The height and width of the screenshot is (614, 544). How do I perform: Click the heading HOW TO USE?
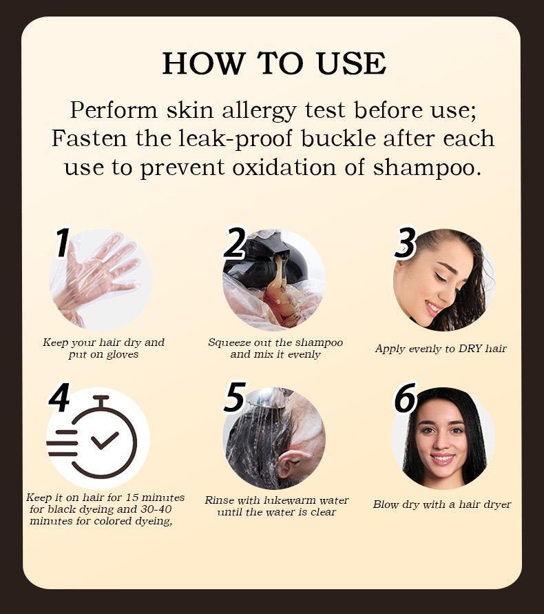(x=273, y=63)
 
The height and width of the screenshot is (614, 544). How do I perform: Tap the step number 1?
(x=63, y=243)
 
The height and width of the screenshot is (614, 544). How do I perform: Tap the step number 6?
(x=406, y=398)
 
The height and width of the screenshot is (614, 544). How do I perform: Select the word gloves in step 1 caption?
(x=123, y=354)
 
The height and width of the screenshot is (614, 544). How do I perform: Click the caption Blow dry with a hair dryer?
(x=442, y=504)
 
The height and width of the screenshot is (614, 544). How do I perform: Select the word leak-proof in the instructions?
(x=248, y=138)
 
